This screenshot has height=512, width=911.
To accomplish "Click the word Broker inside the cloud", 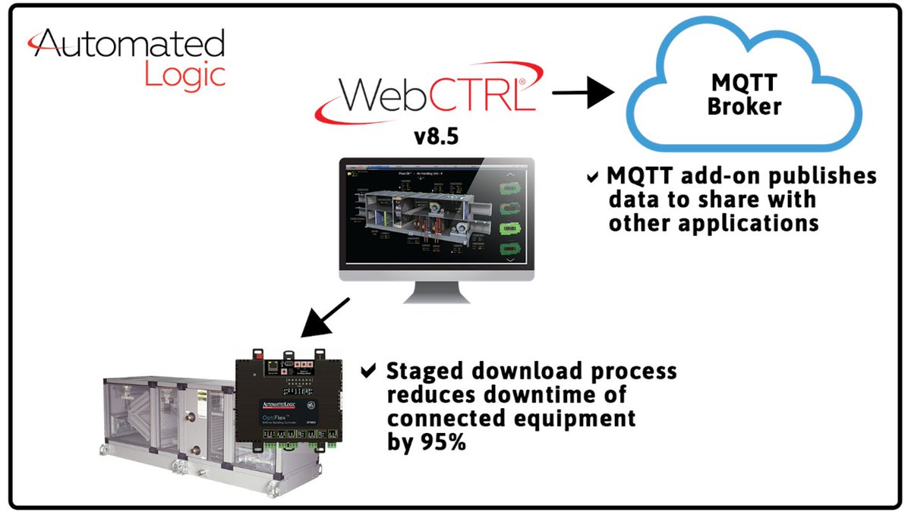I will pos(744,107).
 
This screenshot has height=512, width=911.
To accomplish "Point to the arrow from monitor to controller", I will pos(325,316).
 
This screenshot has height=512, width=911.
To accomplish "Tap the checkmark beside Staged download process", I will pos(368,372).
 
